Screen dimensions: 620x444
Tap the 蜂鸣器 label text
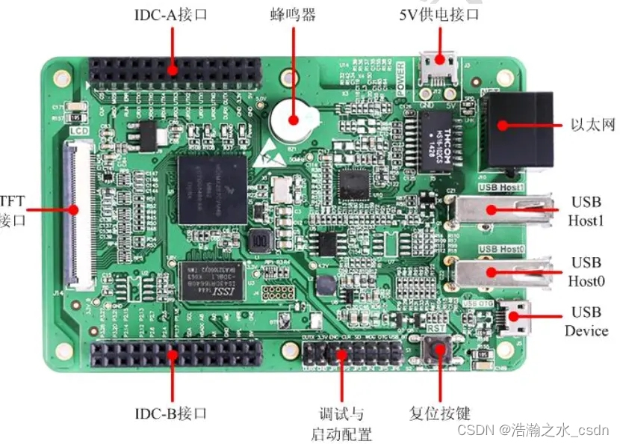point(292,15)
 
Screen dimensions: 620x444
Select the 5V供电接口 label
point(439,15)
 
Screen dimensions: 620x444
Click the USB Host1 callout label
point(586,211)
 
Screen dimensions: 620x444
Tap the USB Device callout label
point(586,321)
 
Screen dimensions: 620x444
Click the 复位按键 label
point(440,413)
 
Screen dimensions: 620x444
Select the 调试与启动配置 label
point(341,423)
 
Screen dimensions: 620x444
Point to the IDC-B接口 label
point(170,413)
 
